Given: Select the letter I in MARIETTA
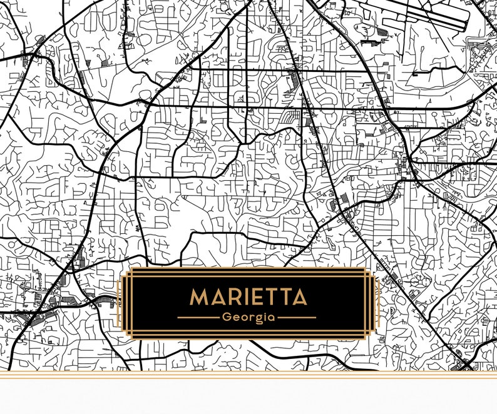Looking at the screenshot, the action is (x=244, y=296).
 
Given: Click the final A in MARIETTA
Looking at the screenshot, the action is (x=299, y=296).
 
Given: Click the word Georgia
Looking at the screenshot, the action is (x=248, y=317).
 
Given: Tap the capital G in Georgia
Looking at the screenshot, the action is (x=226, y=317).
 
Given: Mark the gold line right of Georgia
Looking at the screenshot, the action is (x=297, y=317).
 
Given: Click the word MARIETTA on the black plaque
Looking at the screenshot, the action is (x=248, y=296).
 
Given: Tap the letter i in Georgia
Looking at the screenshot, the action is (x=265, y=316).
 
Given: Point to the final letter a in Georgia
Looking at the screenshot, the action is (x=272, y=317).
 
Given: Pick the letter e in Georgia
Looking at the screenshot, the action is (x=235, y=317).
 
